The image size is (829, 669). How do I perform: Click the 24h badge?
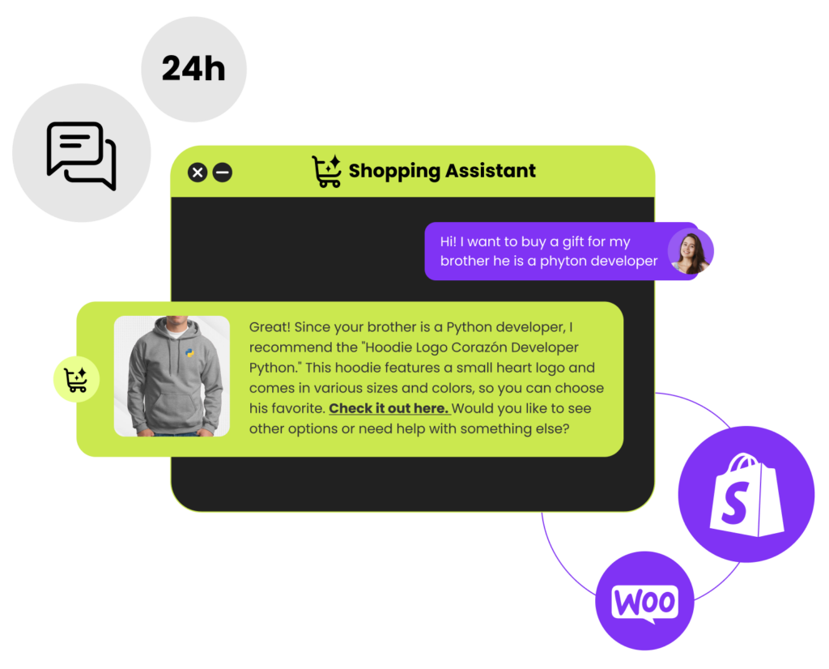[x=193, y=70]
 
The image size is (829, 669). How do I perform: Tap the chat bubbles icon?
[x=82, y=155]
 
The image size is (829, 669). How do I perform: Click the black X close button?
[x=198, y=172]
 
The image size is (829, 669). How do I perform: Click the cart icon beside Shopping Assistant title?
[x=326, y=171]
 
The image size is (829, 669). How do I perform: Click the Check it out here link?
[x=389, y=408]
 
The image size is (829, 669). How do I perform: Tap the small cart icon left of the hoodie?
[x=76, y=378]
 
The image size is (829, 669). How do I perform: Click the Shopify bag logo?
[x=746, y=494]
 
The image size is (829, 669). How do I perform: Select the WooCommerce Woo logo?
[x=644, y=603]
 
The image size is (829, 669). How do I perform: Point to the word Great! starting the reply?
[x=270, y=327]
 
